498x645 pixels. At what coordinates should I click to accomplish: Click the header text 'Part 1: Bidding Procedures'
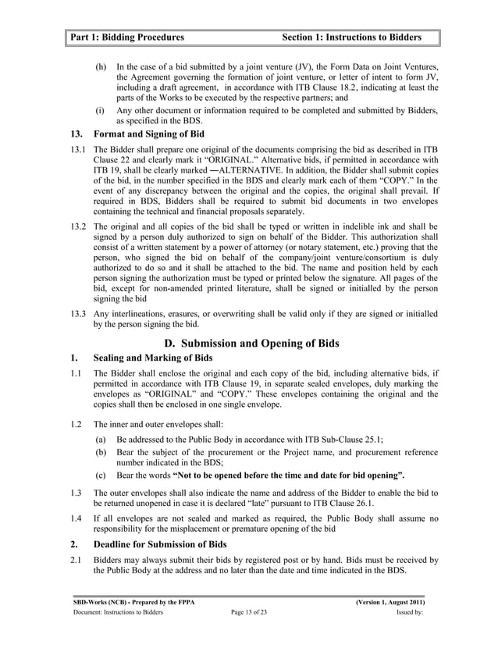click(x=126, y=37)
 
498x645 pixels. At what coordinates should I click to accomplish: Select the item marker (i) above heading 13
click(x=100, y=111)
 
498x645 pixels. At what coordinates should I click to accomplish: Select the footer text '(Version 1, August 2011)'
click(x=388, y=604)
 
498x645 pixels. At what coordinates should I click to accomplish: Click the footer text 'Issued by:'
click(x=410, y=615)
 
